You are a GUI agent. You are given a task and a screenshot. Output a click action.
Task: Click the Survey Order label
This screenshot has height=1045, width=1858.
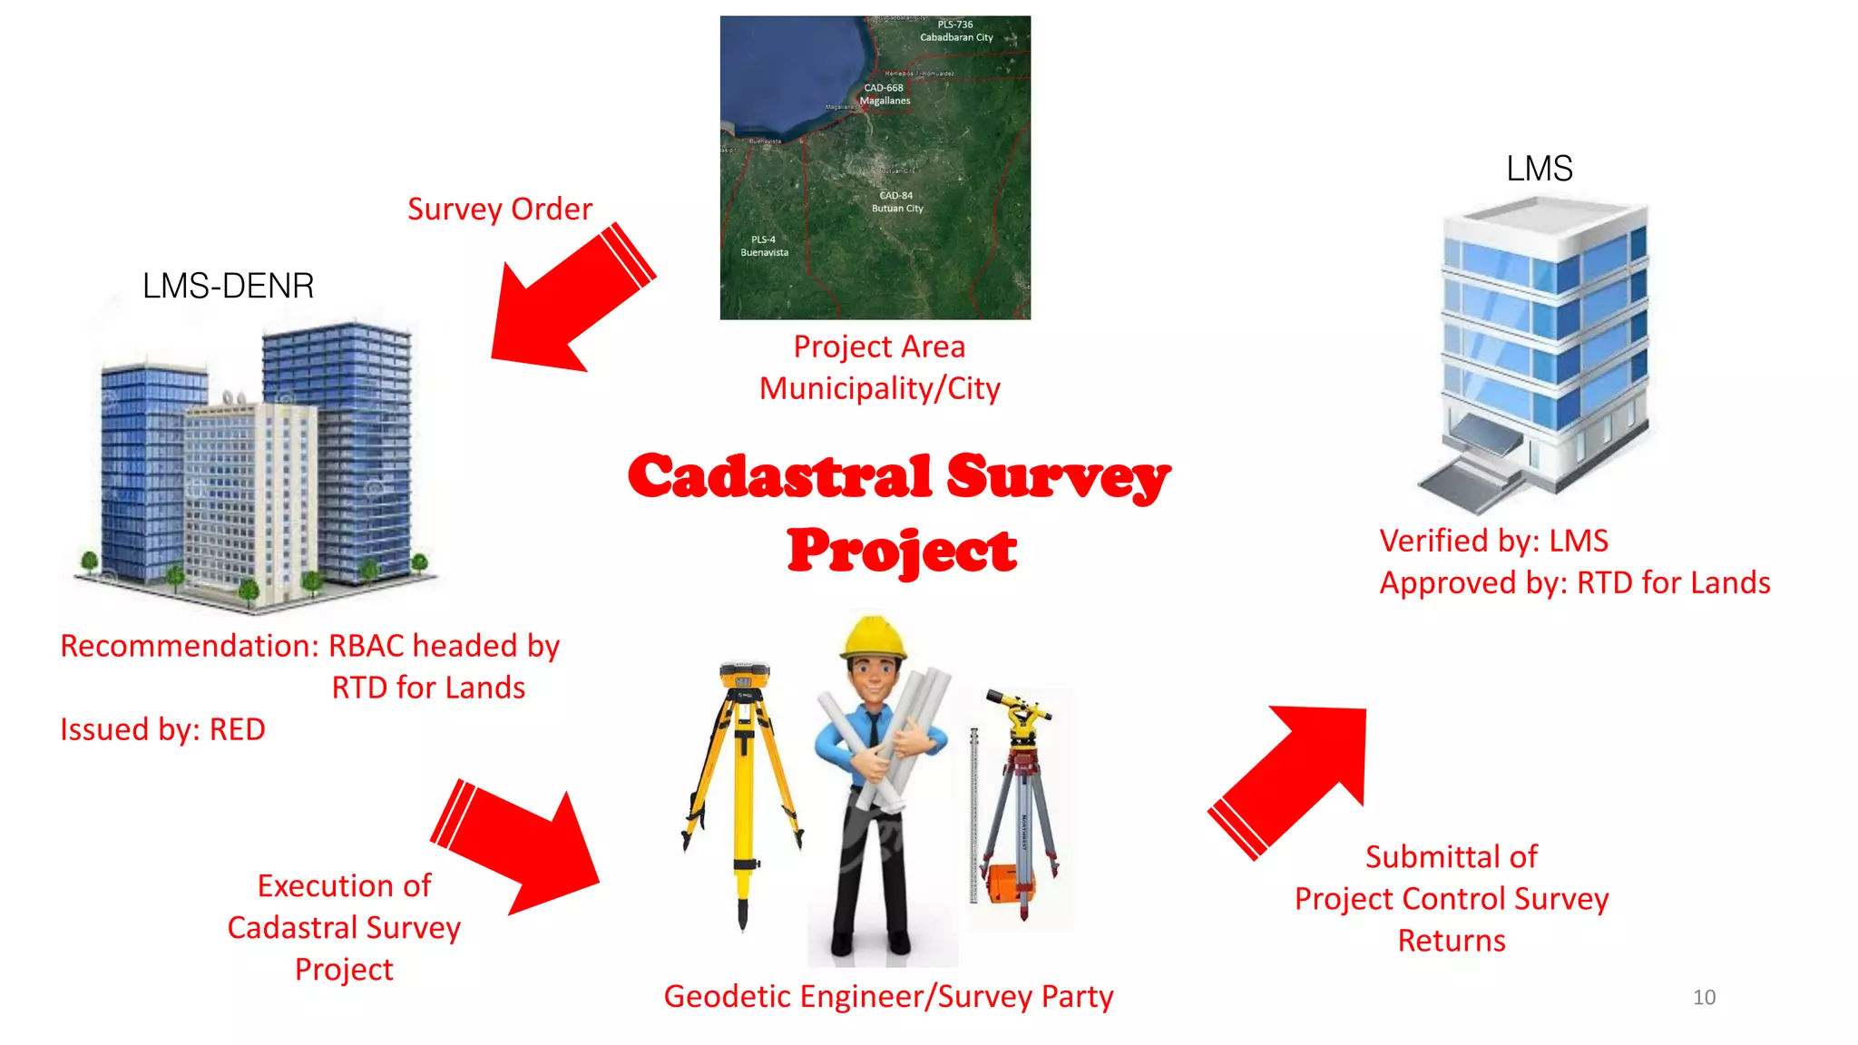click(x=499, y=210)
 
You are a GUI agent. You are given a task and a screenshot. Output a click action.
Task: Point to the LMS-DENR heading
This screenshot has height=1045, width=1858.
click(x=228, y=286)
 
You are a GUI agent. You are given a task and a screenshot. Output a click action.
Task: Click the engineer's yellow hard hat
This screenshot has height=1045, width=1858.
click(x=873, y=638)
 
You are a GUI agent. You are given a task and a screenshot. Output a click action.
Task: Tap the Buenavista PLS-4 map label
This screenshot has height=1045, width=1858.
click(x=764, y=247)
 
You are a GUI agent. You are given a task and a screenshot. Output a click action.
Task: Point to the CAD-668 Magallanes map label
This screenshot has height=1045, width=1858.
click(x=885, y=94)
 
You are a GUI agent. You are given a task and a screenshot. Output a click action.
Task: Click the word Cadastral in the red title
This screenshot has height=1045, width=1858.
click(x=780, y=477)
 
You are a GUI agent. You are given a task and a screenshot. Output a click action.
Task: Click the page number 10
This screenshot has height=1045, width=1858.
click(x=1704, y=998)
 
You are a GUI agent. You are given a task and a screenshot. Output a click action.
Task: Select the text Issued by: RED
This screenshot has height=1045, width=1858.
click(x=163, y=729)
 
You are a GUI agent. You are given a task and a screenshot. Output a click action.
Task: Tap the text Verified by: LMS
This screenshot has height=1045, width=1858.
click(x=1493, y=541)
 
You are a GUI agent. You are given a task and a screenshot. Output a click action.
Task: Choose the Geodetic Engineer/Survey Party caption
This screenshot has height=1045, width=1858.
click(x=888, y=996)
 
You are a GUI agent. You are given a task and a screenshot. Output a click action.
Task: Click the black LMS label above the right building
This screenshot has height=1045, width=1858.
click(x=1539, y=169)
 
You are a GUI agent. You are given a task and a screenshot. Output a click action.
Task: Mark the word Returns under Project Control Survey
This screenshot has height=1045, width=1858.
click(x=1452, y=941)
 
